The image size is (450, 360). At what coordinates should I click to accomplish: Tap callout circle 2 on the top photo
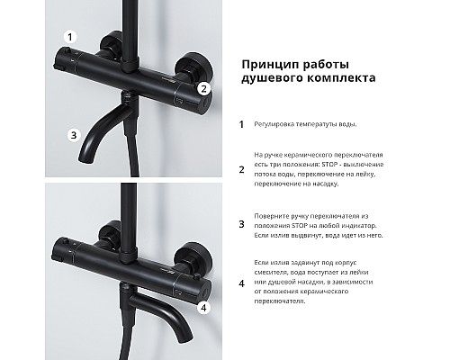click(204, 88)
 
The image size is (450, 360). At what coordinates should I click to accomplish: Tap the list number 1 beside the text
click(240, 126)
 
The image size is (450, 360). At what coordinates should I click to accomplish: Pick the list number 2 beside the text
click(240, 168)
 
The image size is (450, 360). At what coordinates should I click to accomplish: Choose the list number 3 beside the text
click(240, 226)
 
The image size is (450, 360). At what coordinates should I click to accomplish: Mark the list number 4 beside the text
click(240, 283)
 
